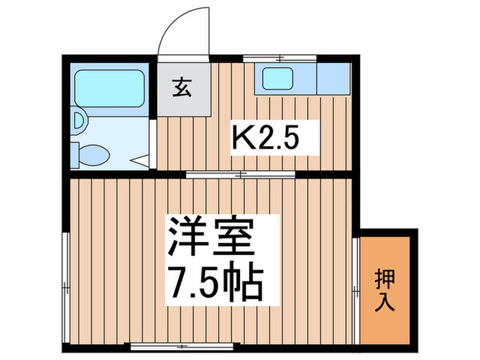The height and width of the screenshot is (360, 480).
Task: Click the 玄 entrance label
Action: [x=181, y=89]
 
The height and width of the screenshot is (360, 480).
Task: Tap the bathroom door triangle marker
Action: [x=142, y=161]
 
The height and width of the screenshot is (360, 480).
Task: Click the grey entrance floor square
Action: [x=182, y=91]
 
